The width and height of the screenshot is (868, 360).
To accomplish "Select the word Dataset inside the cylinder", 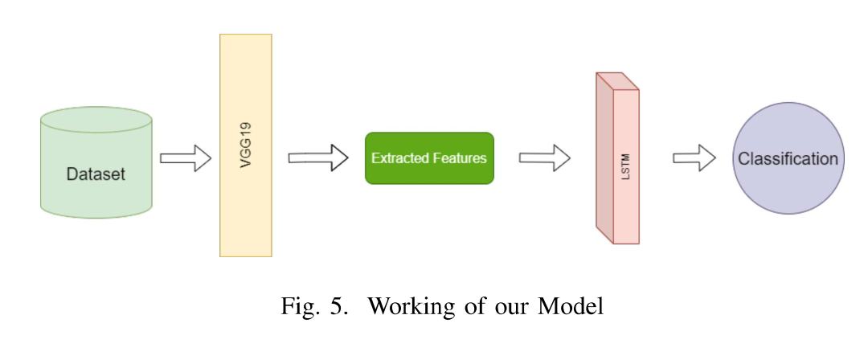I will pyautogui.click(x=96, y=174).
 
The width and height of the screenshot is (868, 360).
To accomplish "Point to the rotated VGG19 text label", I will pyautogui.click(x=247, y=145).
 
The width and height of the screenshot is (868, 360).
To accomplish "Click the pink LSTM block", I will pyautogui.click(x=625, y=209).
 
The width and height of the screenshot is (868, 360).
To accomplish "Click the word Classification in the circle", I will pyautogui.click(x=788, y=158).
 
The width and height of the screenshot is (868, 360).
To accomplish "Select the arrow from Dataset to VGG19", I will pyautogui.click(x=185, y=158).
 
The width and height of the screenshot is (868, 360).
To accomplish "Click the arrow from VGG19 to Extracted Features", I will pyautogui.click(x=317, y=158).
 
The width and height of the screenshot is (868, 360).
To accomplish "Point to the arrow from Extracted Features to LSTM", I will pyautogui.click(x=544, y=158).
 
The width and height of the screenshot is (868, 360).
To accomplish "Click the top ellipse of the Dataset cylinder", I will pyautogui.click(x=96, y=121).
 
